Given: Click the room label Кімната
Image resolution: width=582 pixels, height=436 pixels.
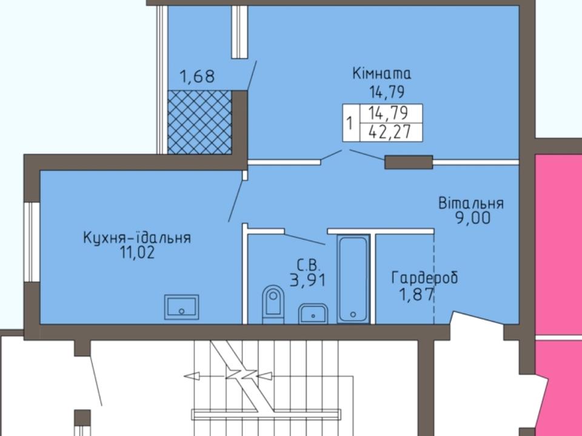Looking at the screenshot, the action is click(x=382, y=73).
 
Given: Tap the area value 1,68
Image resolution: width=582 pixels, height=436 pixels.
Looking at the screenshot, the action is click(x=197, y=76).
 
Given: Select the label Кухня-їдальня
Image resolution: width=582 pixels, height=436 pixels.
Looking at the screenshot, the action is click(x=137, y=237).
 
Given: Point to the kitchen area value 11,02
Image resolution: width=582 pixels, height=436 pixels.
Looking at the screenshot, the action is click(x=136, y=253).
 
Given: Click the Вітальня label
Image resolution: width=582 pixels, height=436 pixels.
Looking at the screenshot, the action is click(x=471, y=203).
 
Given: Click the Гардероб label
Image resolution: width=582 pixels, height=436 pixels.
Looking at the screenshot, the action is click(x=424, y=278).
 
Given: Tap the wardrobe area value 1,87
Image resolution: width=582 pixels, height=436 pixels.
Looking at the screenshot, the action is click(x=416, y=295).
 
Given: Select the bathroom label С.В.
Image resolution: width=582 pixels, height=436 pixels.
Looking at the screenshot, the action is click(x=308, y=265).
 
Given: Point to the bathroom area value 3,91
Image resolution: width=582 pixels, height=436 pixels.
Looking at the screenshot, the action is click(x=308, y=280).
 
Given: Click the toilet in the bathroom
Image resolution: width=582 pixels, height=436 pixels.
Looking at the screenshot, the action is click(x=273, y=304).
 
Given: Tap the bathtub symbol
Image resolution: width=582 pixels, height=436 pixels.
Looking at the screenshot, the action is click(x=353, y=279).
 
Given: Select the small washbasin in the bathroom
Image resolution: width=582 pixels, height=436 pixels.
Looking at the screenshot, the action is click(x=313, y=314).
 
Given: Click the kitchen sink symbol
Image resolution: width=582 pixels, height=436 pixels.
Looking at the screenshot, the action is click(x=181, y=307).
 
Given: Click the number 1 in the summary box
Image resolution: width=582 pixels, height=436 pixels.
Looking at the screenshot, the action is click(x=350, y=122).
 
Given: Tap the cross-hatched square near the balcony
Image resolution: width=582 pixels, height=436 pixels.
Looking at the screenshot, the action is click(x=199, y=122).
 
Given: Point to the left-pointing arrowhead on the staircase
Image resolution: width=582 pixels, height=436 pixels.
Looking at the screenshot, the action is click(x=192, y=376).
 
